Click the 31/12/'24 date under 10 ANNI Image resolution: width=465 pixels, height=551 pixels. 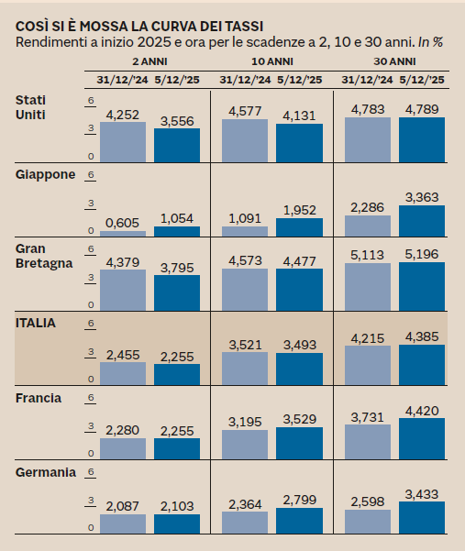tap(246, 81)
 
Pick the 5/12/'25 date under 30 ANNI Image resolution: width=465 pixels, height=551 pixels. tap(421, 81)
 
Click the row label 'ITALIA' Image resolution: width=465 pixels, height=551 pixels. tap(37, 323)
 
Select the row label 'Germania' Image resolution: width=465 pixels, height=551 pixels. tap(46, 472)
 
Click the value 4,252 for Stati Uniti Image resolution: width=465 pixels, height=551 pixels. tap(123, 115)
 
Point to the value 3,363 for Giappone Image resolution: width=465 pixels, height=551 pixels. tap(421, 196)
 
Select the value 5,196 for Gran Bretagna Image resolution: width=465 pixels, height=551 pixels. tap(421, 254)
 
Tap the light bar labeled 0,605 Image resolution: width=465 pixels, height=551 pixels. tap(123, 234)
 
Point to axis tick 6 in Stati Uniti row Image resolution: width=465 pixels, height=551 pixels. tap(91, 100)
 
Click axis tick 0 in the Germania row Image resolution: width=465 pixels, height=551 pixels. tap(91, 529)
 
